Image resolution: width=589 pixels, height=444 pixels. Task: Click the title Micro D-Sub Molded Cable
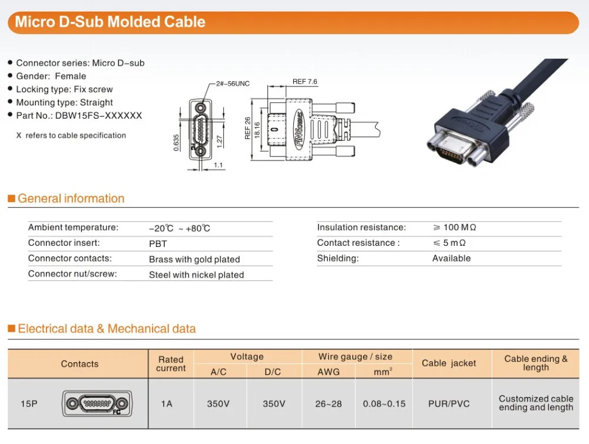click(x=110, y=22)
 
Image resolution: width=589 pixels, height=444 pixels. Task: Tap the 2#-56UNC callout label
click(x=233, y=84)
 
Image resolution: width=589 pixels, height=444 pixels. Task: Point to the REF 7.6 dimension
click(x=305, y=81)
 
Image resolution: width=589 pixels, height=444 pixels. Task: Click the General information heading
click(x=71, y=199)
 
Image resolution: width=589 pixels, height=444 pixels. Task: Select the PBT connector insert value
click(x=158, y=243)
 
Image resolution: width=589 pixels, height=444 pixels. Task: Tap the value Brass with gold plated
click(x=194, y=259)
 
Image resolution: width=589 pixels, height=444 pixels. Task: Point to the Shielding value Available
click(x=451, y=258)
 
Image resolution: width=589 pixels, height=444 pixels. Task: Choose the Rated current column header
click(x=171, y=364)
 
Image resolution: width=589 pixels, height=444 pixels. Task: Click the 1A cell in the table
click(x=167, y=404)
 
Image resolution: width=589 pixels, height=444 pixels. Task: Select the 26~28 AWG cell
click(x=328, y=404)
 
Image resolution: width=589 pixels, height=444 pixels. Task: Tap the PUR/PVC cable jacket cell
click(x=449, y=404)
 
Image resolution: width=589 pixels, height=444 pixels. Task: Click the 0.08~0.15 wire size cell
click(x=385, y=404)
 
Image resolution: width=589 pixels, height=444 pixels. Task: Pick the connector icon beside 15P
click(x=97, y=404)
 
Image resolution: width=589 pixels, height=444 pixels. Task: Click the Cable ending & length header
click(x=536, y=363)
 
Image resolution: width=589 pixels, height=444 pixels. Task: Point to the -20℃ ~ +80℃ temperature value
click(x=180, y=228)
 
